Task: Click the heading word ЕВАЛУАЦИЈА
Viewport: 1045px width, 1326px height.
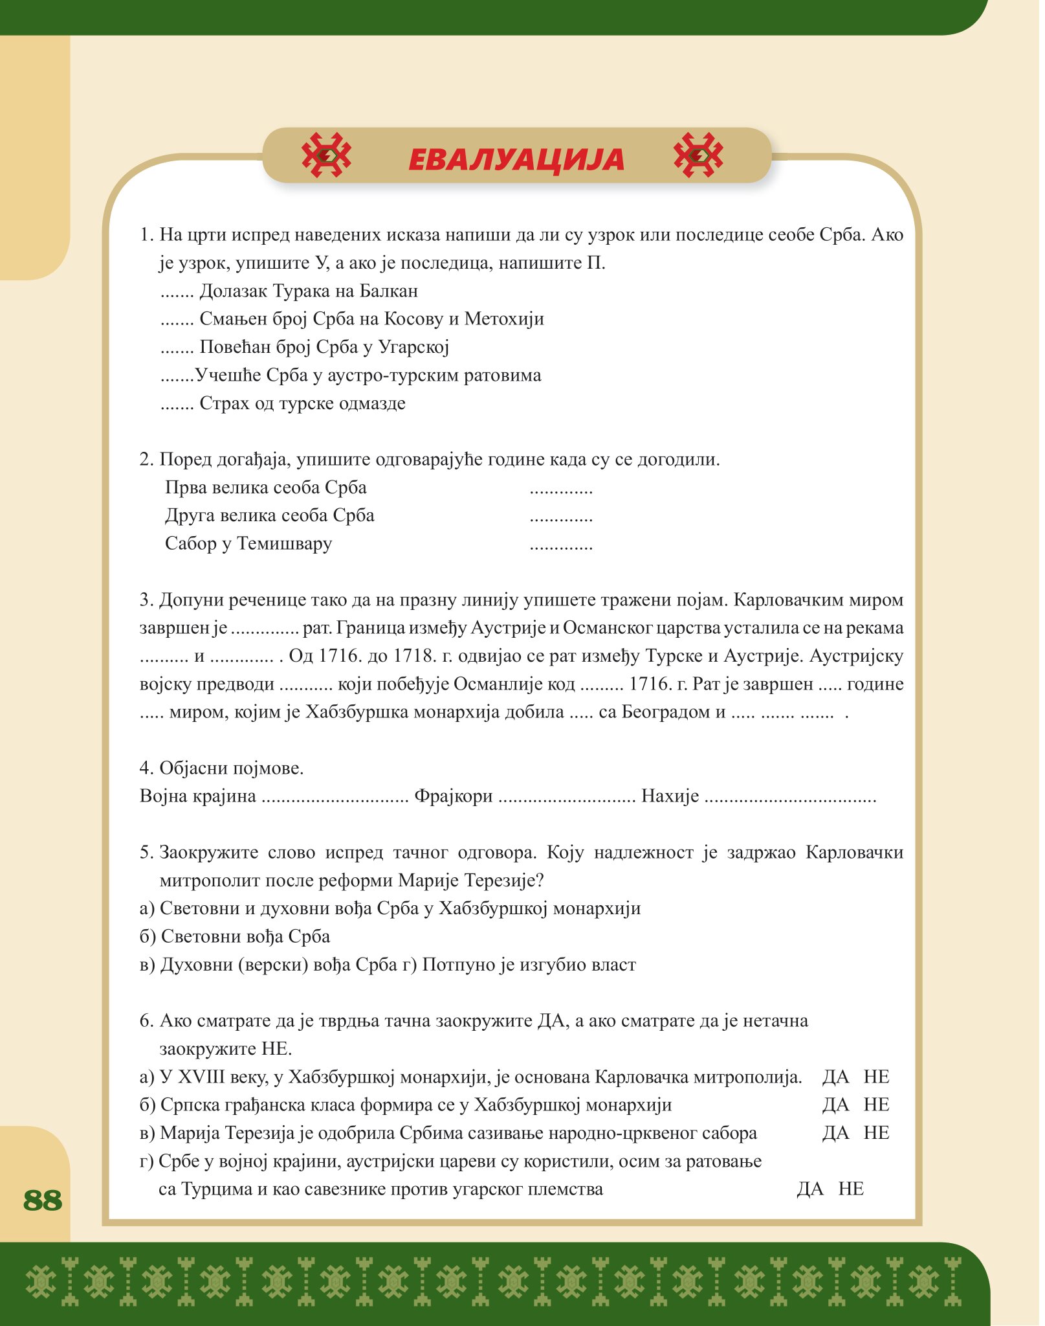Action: click(x=516, y=159)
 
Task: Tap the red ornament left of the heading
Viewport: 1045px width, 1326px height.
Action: click(x=327, y=155)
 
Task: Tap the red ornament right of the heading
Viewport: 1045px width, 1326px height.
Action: click(x=698, y=155)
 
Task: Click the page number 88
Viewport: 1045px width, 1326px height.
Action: click(x=43, y=1200)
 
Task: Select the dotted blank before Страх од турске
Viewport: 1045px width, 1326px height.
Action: click(x=177, y=405)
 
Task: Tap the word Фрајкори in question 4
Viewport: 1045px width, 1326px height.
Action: click(x=454, y=796)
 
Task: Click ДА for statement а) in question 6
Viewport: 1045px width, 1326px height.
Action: click(x=835, y=1077)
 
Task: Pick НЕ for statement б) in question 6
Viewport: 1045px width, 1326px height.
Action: click(x=876, y=1105)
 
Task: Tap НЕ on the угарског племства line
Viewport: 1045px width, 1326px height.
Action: click(x=851, y=1189)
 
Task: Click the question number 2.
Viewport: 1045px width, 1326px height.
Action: click(x=146, y=460)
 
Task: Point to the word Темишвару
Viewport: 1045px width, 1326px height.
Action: click(x=284, y=543)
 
